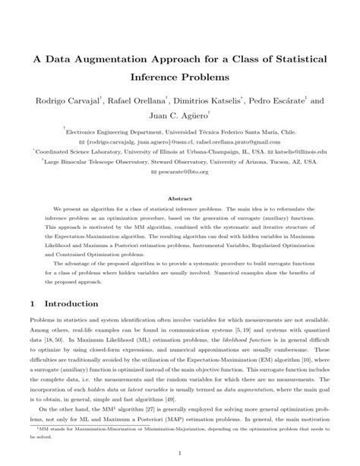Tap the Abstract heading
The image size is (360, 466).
tap(179, 197)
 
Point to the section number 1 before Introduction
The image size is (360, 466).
tap(32, 303)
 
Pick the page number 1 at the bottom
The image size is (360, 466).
tap(180, 453)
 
